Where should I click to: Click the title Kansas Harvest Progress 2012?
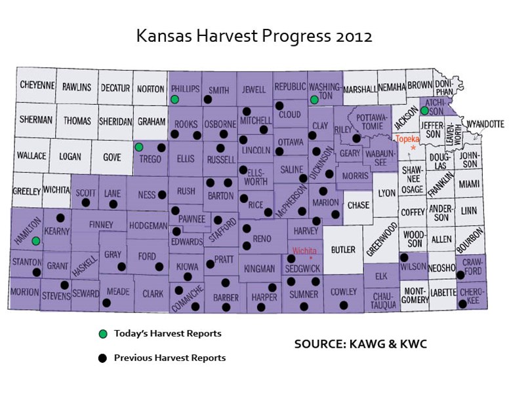[254, 35]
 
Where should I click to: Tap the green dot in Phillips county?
[174, 100]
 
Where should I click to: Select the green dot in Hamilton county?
[36, 240]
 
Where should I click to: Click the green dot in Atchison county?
[424, 111]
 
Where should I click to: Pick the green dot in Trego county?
[139, 147]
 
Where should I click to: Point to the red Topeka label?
[407, 138]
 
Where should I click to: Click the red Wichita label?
[305, 251]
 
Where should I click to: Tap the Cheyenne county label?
[37, 86]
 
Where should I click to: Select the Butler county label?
[343, 250]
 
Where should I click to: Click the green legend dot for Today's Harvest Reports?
[102, 334]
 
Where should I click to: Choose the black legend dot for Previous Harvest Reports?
[102, 358]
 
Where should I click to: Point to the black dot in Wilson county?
[404, 257]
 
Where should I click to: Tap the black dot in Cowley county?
[344, 305]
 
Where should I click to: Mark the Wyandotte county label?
[485, 123]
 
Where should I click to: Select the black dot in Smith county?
[207, 100]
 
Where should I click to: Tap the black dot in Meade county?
[106, 303]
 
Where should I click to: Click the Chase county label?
[358, 205]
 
